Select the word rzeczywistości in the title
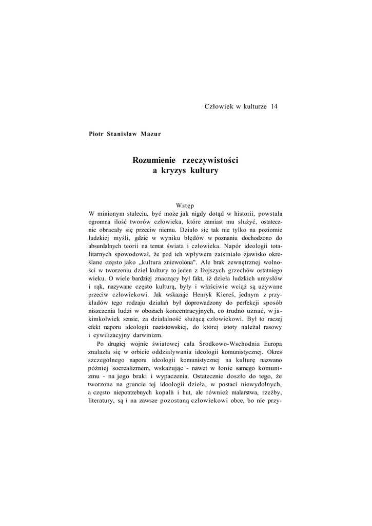click(x=211, y=160)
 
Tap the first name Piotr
click(x=95, y=134)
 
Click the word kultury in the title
click(x=205, y=171)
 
